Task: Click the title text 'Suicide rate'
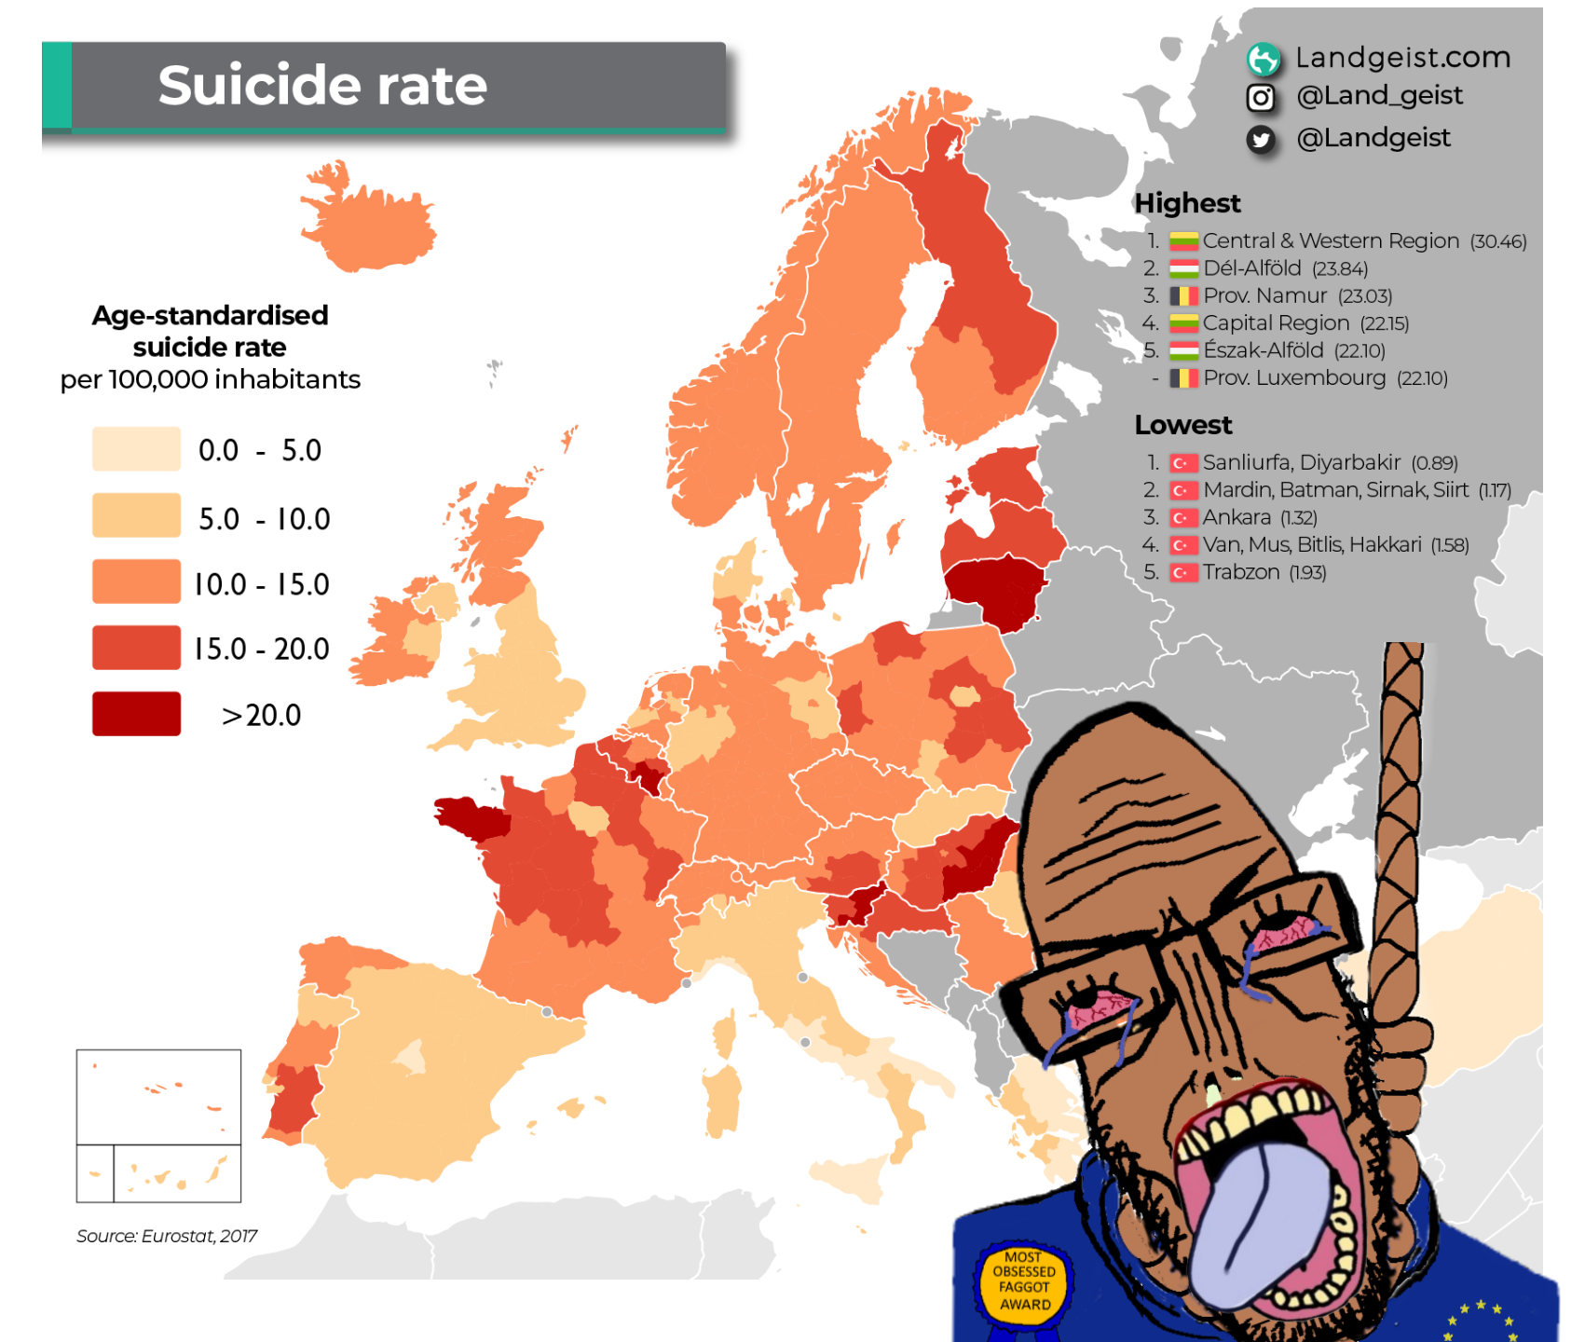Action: click(x=322, y=85)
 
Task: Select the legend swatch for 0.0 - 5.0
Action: click(x=136, y=449)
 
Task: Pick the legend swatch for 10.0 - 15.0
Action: click(x=136, y=582)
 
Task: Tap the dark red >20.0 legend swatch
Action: click(x=136, y=714)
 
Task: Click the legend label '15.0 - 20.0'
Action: click(x=262, y=649)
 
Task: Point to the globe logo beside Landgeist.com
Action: click(x=1263, y=60)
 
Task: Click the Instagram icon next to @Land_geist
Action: click(x=1261, y=97)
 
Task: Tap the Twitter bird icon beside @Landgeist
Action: click(x=1261, y=140)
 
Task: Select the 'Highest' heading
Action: click(x=1187, y=203)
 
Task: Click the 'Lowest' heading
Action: click(x=1182, y=425)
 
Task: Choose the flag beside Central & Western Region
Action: click(x=1183, y=241)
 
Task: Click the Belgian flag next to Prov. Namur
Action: click(x=1183, y=296)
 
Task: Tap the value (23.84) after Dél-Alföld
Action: click(x=1340, y=269)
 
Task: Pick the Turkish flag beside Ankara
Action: click(x=1183, y=518)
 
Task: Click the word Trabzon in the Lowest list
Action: click(x=1241, y=572)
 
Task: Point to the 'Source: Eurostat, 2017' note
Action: click(x=167, y=1236)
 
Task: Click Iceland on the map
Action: click(x=368, y=224)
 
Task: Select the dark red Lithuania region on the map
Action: click(x=995, y=589)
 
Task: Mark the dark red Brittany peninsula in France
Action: click(x=471, y=817)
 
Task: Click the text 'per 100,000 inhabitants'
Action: click(x=210, y=379)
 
